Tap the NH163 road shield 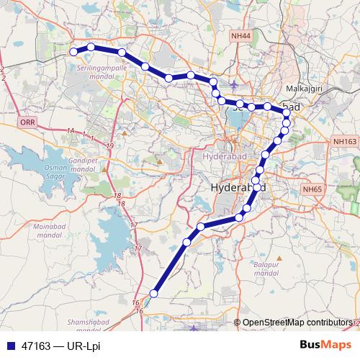pyautogui.click(x=345, y=143)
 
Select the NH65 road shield pyautogui.click(x=312, y=189)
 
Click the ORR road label pyautogui.click(x=28, y=123)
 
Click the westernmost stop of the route pyautogui.click(x=73, y=52)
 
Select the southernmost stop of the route pyautogui.click(x=153, y=293)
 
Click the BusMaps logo pyautogui.click(x=326, y=345)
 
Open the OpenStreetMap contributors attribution pyautogui.click(x=297, y=323)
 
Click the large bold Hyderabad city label pyautogui.click(x=238, y=188)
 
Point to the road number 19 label pyautogui.click(x=109, y=145)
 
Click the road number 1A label pyautogui.click(x=71, y=130)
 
